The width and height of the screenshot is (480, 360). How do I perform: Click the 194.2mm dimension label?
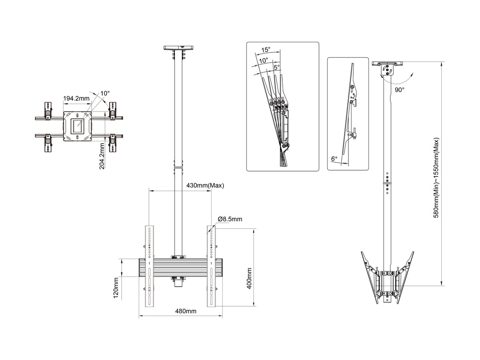pos(76,98)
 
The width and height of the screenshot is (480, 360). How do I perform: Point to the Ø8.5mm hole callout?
pos(230,219)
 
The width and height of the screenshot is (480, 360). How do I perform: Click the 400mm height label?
pos(249,279)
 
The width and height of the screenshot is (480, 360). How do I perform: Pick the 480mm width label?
pos(185,311)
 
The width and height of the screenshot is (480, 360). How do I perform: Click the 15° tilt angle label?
pos(266,50)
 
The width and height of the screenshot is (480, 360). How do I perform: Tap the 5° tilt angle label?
pos(276,67)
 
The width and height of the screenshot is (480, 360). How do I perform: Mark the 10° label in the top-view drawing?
pos(105,93)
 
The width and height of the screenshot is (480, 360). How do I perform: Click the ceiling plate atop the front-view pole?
pos(180,47)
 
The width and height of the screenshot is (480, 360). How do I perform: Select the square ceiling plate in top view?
pos(78,126)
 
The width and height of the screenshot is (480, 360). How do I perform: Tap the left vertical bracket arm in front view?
pos(149,267)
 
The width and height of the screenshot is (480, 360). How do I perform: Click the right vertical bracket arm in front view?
pos(212,267)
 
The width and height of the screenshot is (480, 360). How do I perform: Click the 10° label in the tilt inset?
pos(263,60)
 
